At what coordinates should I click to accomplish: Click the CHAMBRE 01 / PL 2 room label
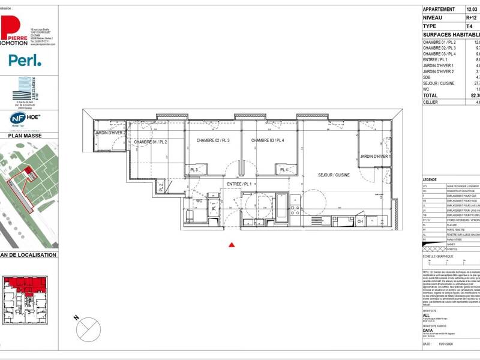tap(150, 142)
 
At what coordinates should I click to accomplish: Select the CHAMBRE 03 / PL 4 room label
tap(267, 140)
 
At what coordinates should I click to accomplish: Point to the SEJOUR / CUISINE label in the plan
tap(334, 174)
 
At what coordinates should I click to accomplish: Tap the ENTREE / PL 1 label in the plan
tap(239, 184)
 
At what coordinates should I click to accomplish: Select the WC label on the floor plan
tap(199, 201)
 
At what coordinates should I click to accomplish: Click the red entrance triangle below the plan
tap(232, 244)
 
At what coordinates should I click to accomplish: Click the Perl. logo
tap(25, 60)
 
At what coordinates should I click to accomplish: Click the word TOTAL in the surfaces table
tap(431, 95)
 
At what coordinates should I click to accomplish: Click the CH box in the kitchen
tap(360, 221)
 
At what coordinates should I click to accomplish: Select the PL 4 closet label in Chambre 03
tap(283, 170)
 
